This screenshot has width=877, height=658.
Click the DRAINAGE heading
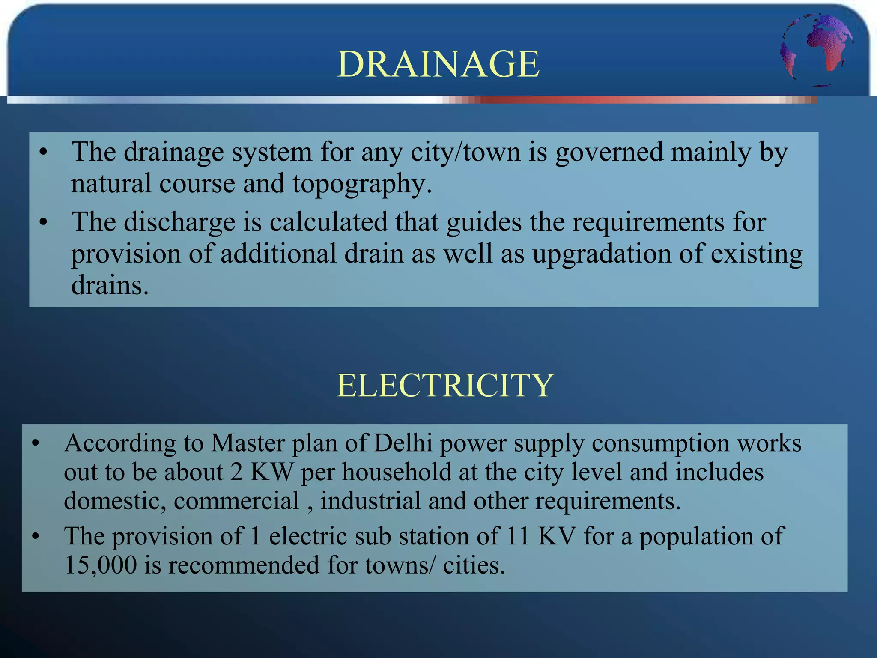[x=438, y=64]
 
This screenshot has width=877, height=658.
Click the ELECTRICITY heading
[x=445, y=385]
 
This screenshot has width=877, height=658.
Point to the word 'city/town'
[x=465, y=153]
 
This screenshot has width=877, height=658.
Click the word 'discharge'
[x=179, y=222]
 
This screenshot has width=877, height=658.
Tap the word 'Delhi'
[x=403, y=443]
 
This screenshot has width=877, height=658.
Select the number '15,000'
[x=101, y=565]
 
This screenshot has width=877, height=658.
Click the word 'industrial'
[x=370, y=501]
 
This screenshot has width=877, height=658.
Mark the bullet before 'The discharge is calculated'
[x=43, y=223]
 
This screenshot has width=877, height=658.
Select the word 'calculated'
[x=328, y=222]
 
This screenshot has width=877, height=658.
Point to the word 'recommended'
[x=244, y=565]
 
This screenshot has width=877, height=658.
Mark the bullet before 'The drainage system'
[x=43, y=153]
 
